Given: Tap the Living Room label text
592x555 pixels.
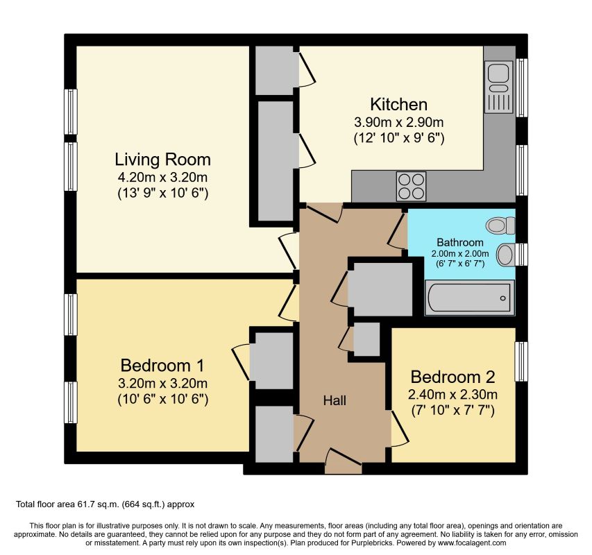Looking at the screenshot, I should click(x=162, y=159).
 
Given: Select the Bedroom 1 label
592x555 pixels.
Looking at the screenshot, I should click(x=163, y=366).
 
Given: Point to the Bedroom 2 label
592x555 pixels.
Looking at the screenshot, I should click(x=453, y=377).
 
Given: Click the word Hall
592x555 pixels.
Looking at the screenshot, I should click(x=334, y=401).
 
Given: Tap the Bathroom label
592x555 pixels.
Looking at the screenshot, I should click(x=459, y=242).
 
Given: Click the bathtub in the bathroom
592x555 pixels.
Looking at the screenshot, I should click(x=468, y=298).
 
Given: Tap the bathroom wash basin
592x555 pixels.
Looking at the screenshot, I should click(x=506, y=254).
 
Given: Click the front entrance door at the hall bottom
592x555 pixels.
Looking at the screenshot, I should click(x=344, y=461).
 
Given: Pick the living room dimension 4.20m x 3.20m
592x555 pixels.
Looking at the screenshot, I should click(x=162, y=176).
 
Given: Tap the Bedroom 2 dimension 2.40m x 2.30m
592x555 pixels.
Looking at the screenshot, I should click(x=453, y=395).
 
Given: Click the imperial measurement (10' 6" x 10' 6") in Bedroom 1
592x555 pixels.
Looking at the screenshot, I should click(x=163, y=400).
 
